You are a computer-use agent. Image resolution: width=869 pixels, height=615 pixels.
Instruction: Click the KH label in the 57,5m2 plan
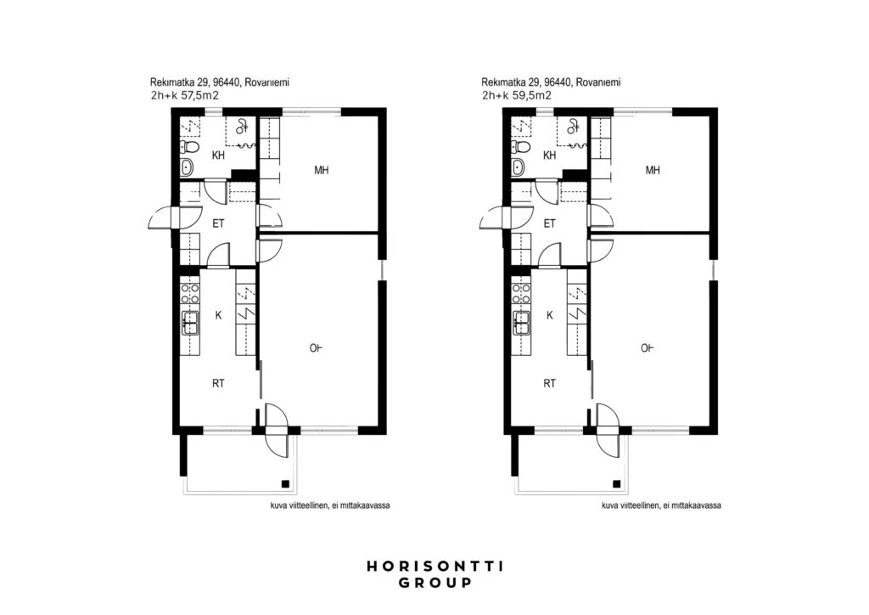(218, 155)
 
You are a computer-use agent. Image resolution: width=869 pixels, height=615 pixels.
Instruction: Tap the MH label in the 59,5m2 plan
(653, 170)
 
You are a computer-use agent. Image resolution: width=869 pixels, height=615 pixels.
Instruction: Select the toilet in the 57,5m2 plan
(189, 147)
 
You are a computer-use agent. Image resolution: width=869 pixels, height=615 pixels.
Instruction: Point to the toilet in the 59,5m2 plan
(521, 147)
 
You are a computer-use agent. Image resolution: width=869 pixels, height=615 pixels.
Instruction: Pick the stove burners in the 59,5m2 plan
(522, 293)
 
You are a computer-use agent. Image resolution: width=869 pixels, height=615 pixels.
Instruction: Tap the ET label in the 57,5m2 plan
(218, 224)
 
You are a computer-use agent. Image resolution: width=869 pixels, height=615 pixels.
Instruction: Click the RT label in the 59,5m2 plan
(549, 383)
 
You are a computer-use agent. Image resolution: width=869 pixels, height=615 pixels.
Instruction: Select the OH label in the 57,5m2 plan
(316, 348)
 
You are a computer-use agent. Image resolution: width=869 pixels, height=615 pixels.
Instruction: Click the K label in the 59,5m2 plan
(550, 315)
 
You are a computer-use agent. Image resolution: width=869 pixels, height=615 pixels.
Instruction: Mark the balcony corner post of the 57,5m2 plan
(285, 483)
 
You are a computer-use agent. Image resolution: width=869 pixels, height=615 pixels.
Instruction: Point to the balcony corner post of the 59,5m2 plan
(616, 483)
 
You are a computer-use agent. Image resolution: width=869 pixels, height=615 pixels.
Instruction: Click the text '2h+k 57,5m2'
(184, 95)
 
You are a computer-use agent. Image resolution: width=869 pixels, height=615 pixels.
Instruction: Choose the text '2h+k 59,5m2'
(516, 95)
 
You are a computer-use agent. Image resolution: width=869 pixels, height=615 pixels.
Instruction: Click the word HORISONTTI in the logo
(435, 567)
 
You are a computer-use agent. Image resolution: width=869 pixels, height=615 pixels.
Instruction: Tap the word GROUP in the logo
(435, 583)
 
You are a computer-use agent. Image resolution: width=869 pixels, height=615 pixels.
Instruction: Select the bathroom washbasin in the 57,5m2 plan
(188, 166)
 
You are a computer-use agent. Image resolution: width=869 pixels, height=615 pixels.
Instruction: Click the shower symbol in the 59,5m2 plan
(574, 127)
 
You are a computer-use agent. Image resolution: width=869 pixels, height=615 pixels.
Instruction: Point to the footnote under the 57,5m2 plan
(330, 505)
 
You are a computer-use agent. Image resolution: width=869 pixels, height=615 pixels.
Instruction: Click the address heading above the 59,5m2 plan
(551, 82)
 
